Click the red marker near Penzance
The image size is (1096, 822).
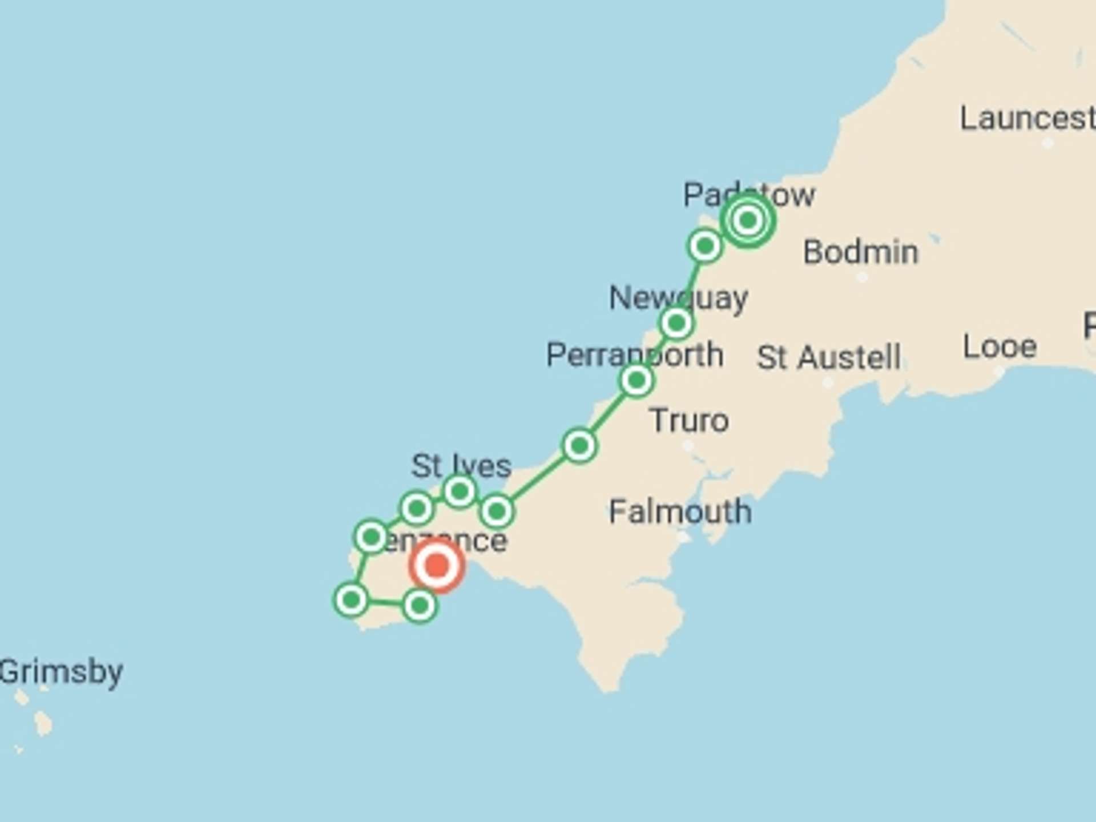(x=437, y=566)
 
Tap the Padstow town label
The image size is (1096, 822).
(x=749, y=196)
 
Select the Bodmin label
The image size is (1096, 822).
(x=861, y=252)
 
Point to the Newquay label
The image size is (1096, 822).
(x=678, y=298)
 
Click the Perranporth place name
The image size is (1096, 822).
(x=635, y=355)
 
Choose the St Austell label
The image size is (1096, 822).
(x=829, y=358)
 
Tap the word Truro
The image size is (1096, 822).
(x=690, y=421)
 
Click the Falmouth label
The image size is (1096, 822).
(x=680, y=511)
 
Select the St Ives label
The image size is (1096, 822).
(x=461, y=466)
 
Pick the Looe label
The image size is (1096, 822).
(x=1000, y=347)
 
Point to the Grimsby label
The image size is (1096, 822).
(x=61, y=672)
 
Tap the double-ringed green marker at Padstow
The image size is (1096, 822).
(x=748, y=220)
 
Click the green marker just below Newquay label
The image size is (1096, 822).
(x=676, y=324)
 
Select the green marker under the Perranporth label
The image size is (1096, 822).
(x=636, y=380)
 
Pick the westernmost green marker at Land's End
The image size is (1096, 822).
(x=351, y=600)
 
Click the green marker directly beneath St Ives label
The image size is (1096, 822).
(x=460, y=491)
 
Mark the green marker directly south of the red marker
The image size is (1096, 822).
(x=420, y=606)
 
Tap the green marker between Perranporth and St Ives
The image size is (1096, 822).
(x=579, y=445)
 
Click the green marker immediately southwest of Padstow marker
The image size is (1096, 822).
(x=705, y=246)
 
